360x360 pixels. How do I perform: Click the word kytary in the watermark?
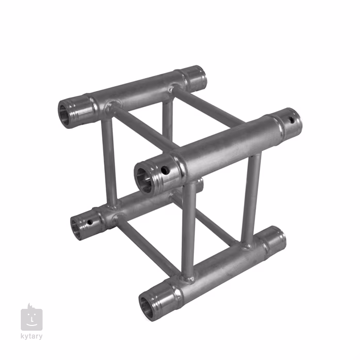(31, 336)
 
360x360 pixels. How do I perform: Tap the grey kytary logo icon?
(31, 319)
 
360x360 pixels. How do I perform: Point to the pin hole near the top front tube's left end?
(165, 170)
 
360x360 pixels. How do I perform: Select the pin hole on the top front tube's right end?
(291, 121)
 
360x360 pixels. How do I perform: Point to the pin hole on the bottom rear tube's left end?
(90, 223)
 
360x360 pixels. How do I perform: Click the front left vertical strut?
(189, 230)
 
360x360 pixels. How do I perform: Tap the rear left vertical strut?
(109, 160)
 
